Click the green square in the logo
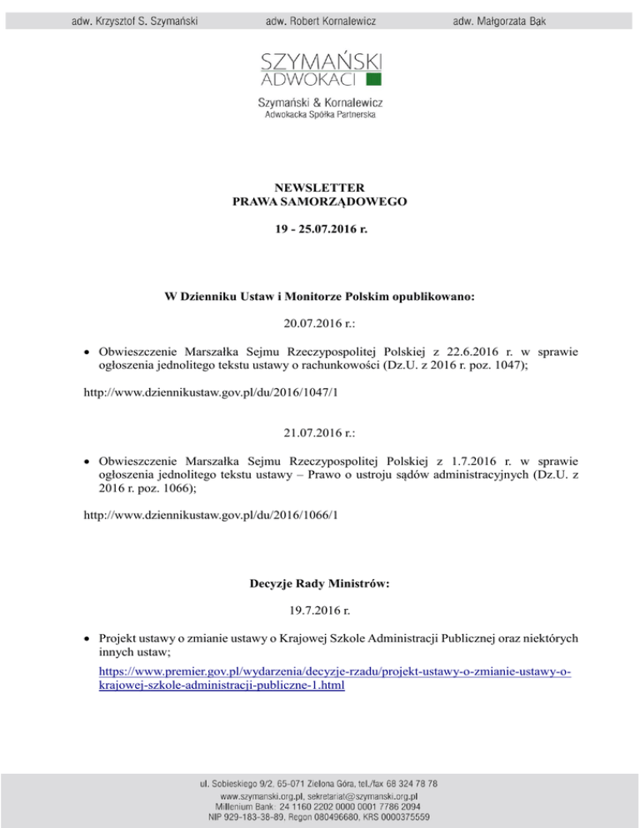coord(374,79)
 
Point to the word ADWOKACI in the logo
coord(310,80)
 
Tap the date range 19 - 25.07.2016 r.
coord(320,225)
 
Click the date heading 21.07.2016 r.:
coord(320,456)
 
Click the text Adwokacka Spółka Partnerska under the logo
coord(320,117)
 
